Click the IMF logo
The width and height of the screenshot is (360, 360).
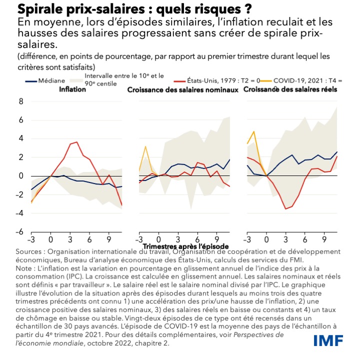(x=328, y=340)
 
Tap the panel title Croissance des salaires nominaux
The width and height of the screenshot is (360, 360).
(x=182, y=90)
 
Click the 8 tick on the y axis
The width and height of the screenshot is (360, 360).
(x=21, y=101)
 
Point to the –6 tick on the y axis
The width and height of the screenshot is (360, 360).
(x=19, y=232)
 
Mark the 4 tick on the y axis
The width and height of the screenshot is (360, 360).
(x=21, y=139)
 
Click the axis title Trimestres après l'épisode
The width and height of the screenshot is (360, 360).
(x=185, y=246)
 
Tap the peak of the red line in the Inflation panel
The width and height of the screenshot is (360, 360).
(x=76, y=142)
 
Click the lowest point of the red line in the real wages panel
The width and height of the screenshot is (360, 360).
(x=286, y=208)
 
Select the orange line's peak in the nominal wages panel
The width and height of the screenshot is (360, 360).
(x=145, y=146)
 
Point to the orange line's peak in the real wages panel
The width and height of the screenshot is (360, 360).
(x=254, y=131)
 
